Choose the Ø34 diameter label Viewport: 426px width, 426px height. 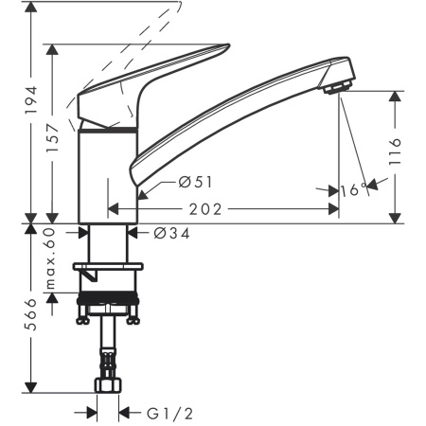pos(160,234)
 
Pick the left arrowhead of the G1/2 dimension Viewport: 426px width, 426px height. pos(92,412)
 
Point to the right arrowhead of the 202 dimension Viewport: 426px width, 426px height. pos(333,209)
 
